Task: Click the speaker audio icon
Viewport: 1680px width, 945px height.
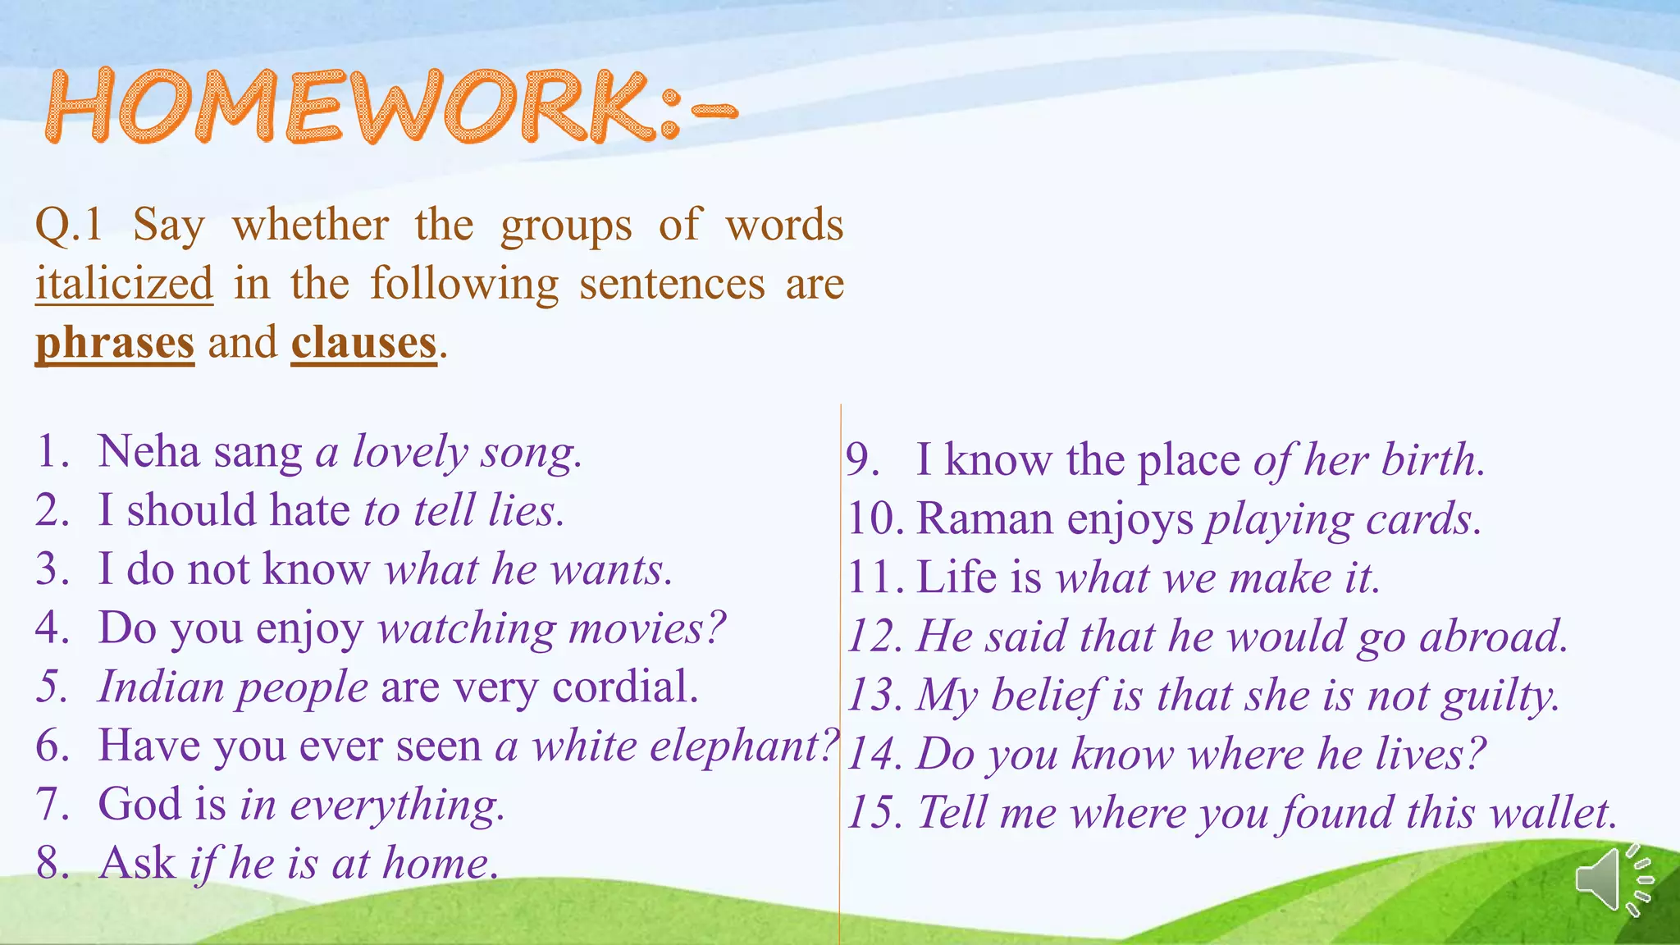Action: [1613, 879]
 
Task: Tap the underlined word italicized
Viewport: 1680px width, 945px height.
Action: [124, 284]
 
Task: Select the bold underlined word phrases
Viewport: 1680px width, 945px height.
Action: [115, 343]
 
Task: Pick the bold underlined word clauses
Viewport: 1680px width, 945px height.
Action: [363, 343]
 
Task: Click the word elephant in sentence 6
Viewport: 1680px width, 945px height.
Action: [732, 746]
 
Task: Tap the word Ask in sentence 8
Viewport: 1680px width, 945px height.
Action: [137, 863]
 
